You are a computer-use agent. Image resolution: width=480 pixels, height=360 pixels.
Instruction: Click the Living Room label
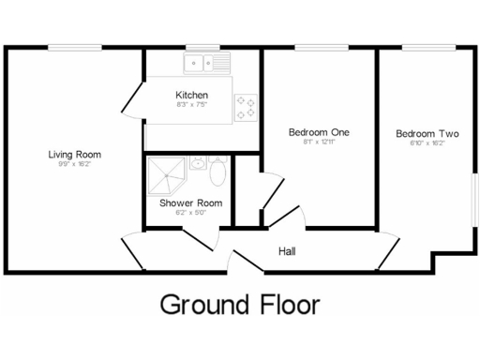pos(75,154)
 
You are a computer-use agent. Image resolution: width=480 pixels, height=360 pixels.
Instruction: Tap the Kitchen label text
pos(192,96)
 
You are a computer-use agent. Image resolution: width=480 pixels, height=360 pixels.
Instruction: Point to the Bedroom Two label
pos(427,133)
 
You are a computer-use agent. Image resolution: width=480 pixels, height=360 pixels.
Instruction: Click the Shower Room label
pos(190,202)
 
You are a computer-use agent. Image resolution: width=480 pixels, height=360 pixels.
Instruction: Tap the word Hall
pos(288,250)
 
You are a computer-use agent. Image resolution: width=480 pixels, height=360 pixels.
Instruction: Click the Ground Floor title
pos(240,305)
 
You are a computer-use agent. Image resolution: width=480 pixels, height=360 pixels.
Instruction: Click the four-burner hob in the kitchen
pos(246,106)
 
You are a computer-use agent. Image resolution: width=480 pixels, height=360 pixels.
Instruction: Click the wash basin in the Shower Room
pos(198,164)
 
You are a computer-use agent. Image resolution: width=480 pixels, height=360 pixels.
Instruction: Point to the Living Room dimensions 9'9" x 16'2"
pos(75,164)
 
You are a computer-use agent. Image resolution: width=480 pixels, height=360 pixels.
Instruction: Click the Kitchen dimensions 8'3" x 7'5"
pos(192,105)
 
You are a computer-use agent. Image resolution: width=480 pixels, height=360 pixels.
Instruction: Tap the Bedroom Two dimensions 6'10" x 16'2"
pos(427,143)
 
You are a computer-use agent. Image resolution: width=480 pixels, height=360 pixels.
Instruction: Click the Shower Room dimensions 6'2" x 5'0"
pos(190,212)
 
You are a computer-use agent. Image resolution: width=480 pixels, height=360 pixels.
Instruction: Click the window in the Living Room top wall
pos(75,48)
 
